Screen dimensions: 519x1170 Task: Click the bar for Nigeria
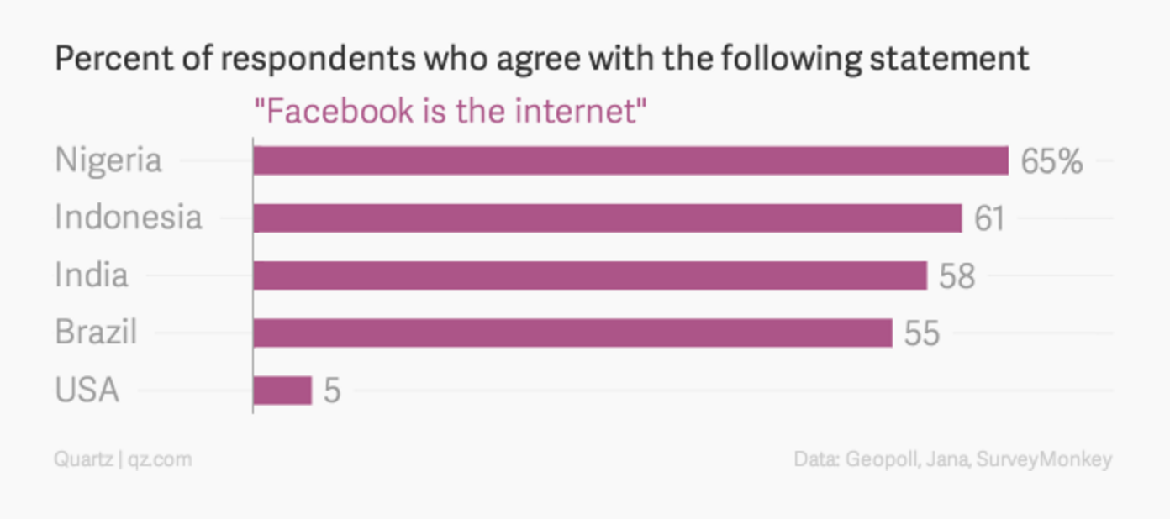click(x=630, y=160)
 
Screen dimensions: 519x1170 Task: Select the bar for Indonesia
click(x=607, y=218)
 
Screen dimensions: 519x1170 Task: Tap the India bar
click(x=589, y=275)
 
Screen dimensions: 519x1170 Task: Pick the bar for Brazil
click(x=572, y=333)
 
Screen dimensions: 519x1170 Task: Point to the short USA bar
click(x=282, y=391)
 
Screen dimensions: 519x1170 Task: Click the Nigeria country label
click(x=108, y=160)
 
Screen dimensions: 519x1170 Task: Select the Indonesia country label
click(x=129, y=218)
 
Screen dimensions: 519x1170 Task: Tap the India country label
click(x=92, y=275)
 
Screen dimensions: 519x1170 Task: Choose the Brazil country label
click(x=96, y=333)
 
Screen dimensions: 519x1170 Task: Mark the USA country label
click(x=87, y=391)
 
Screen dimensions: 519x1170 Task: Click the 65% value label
click(x=1051, y=161)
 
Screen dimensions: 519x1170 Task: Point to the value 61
click(x=989, y=218)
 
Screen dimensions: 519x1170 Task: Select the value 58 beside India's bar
click(x=957, y=276)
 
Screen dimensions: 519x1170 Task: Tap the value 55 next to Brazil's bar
click(x=921, y=334)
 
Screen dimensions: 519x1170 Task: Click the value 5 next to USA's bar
click(x=332, y=391)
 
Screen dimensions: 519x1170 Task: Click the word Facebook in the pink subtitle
click(x=336, y=111)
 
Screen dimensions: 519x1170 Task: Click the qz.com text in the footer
click(x=160, y=459)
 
